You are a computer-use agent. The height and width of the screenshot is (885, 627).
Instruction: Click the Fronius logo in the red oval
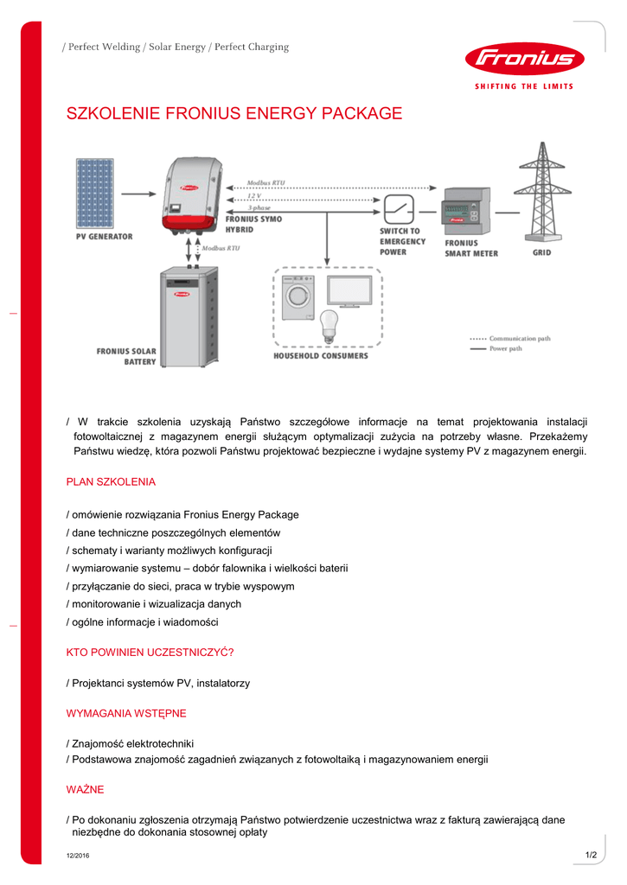pyautogui.click(x=525, y=59)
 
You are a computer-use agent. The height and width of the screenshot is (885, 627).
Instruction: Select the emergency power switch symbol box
pyautogui.click(x=400, y=208)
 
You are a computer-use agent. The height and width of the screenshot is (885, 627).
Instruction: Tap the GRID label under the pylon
pyautogui.click(x=541, y=253)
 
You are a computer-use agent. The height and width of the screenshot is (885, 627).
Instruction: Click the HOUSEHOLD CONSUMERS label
pyautogui.click(x=321, y=356)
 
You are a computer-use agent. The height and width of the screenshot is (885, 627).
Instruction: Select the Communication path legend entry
pyautogui.click(x=510, y=338)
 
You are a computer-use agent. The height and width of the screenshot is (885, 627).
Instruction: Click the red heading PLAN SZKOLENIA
pyautogui.click(x=111, y=481)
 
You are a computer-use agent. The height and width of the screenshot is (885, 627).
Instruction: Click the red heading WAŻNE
pyautogui.click(x=86, y=789)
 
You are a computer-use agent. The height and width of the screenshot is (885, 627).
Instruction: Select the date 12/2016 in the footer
pyautogui.click(x=78, y=856)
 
